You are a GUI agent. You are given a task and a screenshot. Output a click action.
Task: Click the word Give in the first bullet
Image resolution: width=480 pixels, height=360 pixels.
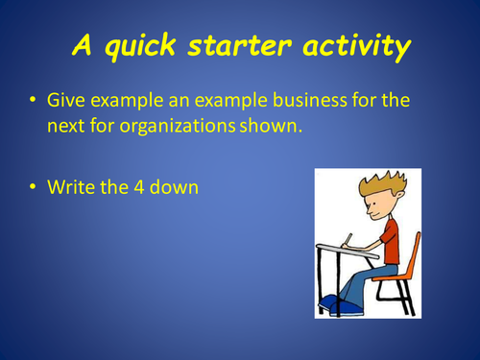(67, 99)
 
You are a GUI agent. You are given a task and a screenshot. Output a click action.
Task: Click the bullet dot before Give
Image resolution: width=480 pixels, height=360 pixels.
(35, 100)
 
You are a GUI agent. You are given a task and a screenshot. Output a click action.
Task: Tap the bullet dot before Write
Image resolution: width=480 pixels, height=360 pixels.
(35, 188)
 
